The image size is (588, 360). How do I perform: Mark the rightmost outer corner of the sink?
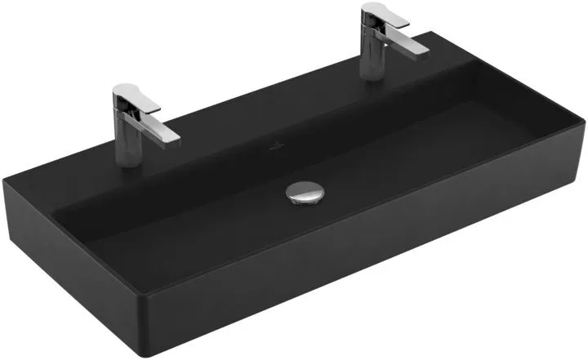585,122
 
